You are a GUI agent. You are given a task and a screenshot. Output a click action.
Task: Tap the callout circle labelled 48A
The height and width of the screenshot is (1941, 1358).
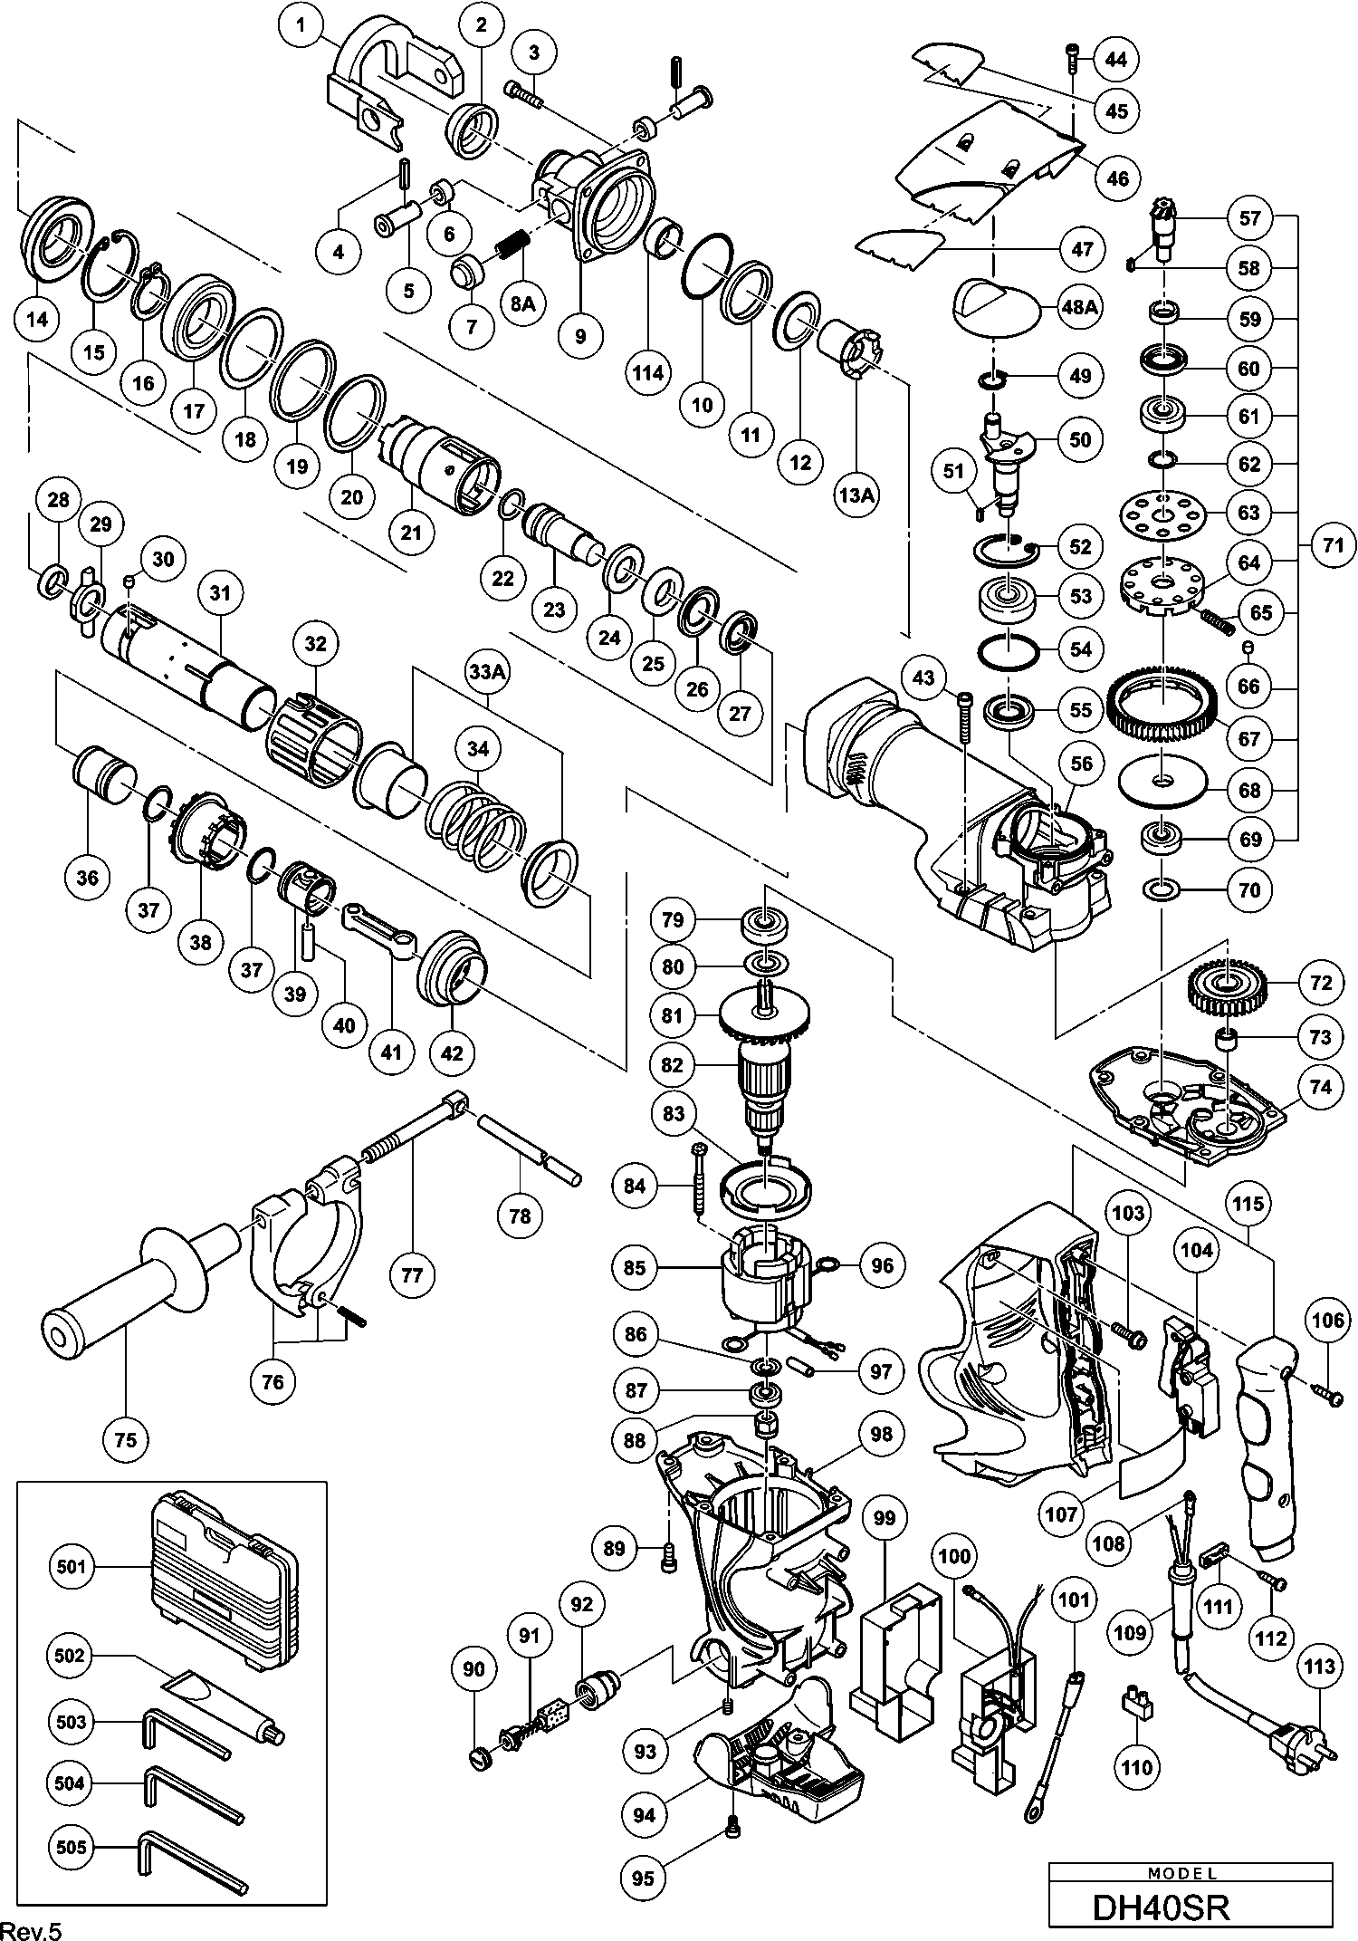1079,307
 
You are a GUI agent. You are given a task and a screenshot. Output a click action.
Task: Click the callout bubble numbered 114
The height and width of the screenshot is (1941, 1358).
648,372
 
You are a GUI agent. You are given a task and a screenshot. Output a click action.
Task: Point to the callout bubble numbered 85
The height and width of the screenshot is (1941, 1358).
635,1266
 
